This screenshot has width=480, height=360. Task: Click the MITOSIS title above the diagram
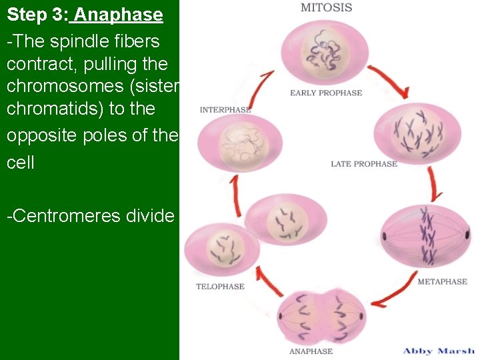click(x=326, y=8)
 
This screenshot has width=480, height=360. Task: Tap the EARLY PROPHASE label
click(x=326, y=93)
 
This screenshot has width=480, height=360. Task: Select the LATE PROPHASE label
click(x=363, y=164)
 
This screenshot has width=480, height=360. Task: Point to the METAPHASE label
click(x=442, y=282)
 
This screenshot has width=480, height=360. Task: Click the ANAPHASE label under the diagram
click(x=311, y=351)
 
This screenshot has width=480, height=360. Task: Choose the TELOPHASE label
click(x=220, y=287)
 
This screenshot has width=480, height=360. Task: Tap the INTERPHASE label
click(x=225, y=110)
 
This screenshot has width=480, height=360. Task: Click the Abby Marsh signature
click(x=439, y=351)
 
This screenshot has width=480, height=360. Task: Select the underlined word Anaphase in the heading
click(x=119, y=15)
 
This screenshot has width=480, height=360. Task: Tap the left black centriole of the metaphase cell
click(x=384, y=237)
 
